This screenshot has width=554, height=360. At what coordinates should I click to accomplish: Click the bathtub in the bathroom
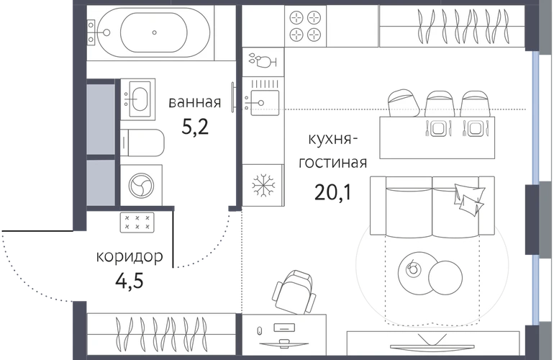coord(155,32)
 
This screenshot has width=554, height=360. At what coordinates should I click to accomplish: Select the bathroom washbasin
coord(137,98)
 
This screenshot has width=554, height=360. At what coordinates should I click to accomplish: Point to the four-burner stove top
coord(305,25)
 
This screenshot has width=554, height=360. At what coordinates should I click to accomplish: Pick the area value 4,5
coord(129,279)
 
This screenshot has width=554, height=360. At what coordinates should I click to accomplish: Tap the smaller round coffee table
coord(414,269)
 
